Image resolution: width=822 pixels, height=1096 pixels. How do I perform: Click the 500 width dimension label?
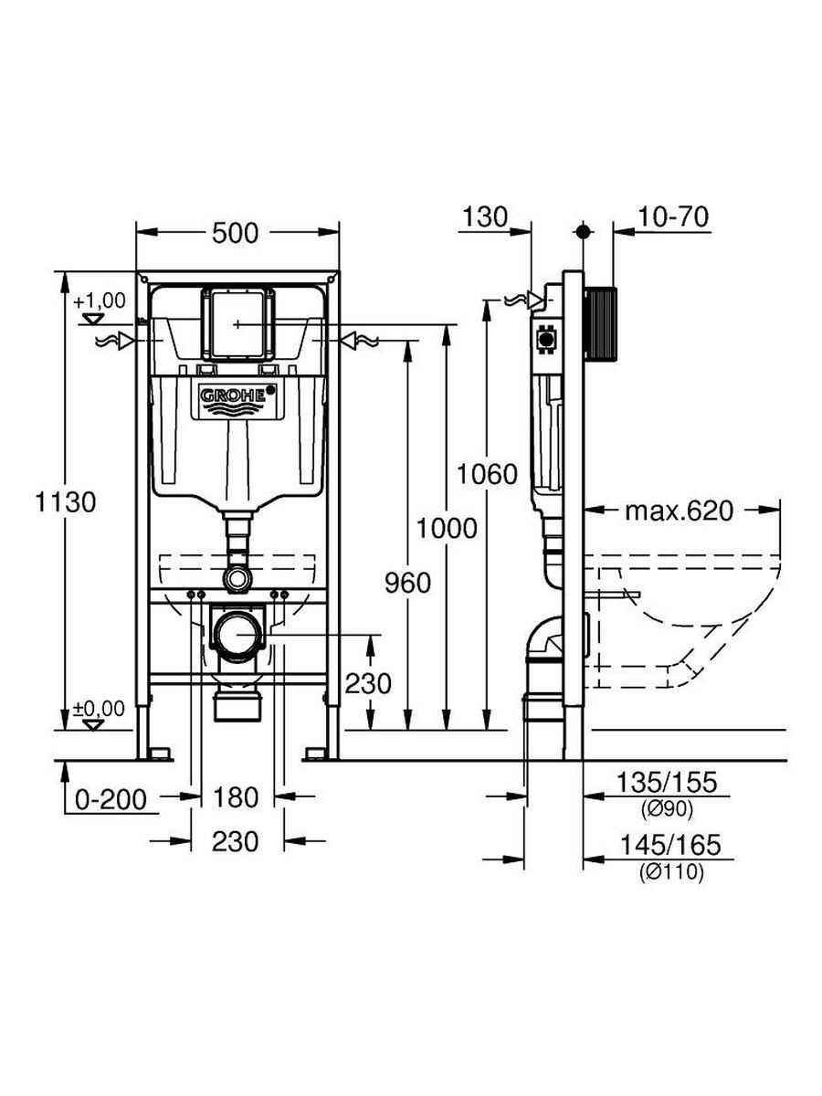235,233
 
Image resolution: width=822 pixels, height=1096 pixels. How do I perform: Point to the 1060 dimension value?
487,474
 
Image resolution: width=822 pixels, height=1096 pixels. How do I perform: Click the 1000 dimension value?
447,528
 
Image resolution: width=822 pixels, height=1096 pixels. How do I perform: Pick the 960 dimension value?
407,583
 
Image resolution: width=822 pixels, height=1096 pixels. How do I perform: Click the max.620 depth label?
680,511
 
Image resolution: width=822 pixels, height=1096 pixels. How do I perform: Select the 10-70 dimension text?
673,217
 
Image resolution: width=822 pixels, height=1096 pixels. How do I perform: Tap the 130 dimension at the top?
485,217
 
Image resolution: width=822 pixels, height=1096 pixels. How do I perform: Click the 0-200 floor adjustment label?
111,800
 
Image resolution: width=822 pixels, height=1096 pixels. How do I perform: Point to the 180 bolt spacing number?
236,797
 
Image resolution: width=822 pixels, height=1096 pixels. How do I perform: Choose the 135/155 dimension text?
668,783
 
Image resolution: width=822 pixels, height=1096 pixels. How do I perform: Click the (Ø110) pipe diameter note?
672,872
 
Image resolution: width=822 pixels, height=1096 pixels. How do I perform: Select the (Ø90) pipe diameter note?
668,809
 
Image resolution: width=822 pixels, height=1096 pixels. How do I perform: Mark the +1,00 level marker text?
100,301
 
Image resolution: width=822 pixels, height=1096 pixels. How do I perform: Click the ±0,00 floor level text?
100,709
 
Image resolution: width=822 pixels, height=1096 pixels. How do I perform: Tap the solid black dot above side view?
583,232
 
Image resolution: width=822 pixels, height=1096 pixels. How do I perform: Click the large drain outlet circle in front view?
236,634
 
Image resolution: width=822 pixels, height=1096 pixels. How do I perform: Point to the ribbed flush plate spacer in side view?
600,322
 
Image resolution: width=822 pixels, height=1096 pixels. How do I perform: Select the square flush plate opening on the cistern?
237,324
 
